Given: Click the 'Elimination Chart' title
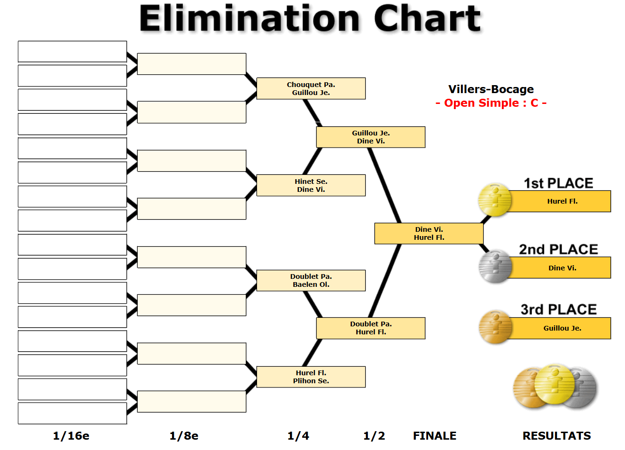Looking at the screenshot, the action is click(310, 18).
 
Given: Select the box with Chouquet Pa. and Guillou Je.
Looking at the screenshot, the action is click(311, 88).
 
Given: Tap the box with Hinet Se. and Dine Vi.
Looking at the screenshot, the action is click(311, 185).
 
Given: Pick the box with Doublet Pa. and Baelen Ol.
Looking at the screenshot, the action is click(311, 281).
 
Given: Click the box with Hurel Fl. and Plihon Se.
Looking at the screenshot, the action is click(311, 377).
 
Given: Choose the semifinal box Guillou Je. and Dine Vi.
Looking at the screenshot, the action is click(371, 137).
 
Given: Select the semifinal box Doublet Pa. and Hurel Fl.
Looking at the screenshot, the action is click(371, 328).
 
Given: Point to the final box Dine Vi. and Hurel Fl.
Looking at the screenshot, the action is click(429, 233).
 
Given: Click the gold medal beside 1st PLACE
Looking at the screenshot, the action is click(495, 199).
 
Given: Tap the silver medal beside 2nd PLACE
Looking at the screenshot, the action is click(495, 266).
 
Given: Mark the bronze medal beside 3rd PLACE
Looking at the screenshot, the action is click(495, 327).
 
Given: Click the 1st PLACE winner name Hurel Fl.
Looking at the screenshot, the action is click(562, 201).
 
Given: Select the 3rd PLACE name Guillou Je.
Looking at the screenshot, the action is click(562, 328).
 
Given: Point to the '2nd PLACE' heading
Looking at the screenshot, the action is click(558, 249).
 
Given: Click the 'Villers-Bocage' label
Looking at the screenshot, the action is click(491, 89).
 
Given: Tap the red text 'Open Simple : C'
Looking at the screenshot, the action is click(491, 103).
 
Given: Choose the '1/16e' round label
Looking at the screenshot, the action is click(71, 436).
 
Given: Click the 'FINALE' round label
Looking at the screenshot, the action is click(435, 436).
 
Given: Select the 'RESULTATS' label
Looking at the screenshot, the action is click(557, 436).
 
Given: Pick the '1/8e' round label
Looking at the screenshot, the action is click(184, 436).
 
